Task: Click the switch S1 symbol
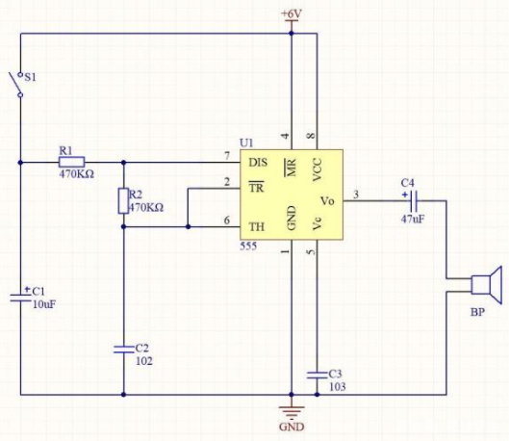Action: pyautogui.click(x=17, y=85)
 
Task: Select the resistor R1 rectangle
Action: pyautogui.click(x=72, y=162)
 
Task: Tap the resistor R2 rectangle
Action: pyautogui.click(x=123, y=200)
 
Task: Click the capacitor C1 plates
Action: pyautogui.click(x=20, y=298)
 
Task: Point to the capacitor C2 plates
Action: pyautogui.click(x=123, y=350)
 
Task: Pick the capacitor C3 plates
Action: pyautogui.click(x=318, y=376)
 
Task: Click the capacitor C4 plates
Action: pyautogui.click(x=414, y=200)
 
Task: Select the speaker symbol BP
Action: pyautogui.click(x=486, y=285)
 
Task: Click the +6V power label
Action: pyautogui.click(x=292, y=14)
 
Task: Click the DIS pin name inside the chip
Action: pyautogui.click(x=258, y=163)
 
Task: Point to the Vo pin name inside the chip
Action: pyautogui.click(x=327, y=201)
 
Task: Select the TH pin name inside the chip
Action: pyautogui.click(x=257, y=226)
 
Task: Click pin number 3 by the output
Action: pyautogui.click(x=356, y=195)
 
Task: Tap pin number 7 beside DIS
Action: pyautogui.click(x=227, y=156)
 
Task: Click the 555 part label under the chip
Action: pyautogui.click(x=248, y=246)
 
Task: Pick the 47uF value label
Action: pyautogui.click(x=412, y=219)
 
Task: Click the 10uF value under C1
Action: pyautogui.click(x=44, y=304)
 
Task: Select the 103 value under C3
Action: pyautogui.click(x=338, y=386)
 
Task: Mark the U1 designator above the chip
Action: pyautogui.click(x=246, y=143)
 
